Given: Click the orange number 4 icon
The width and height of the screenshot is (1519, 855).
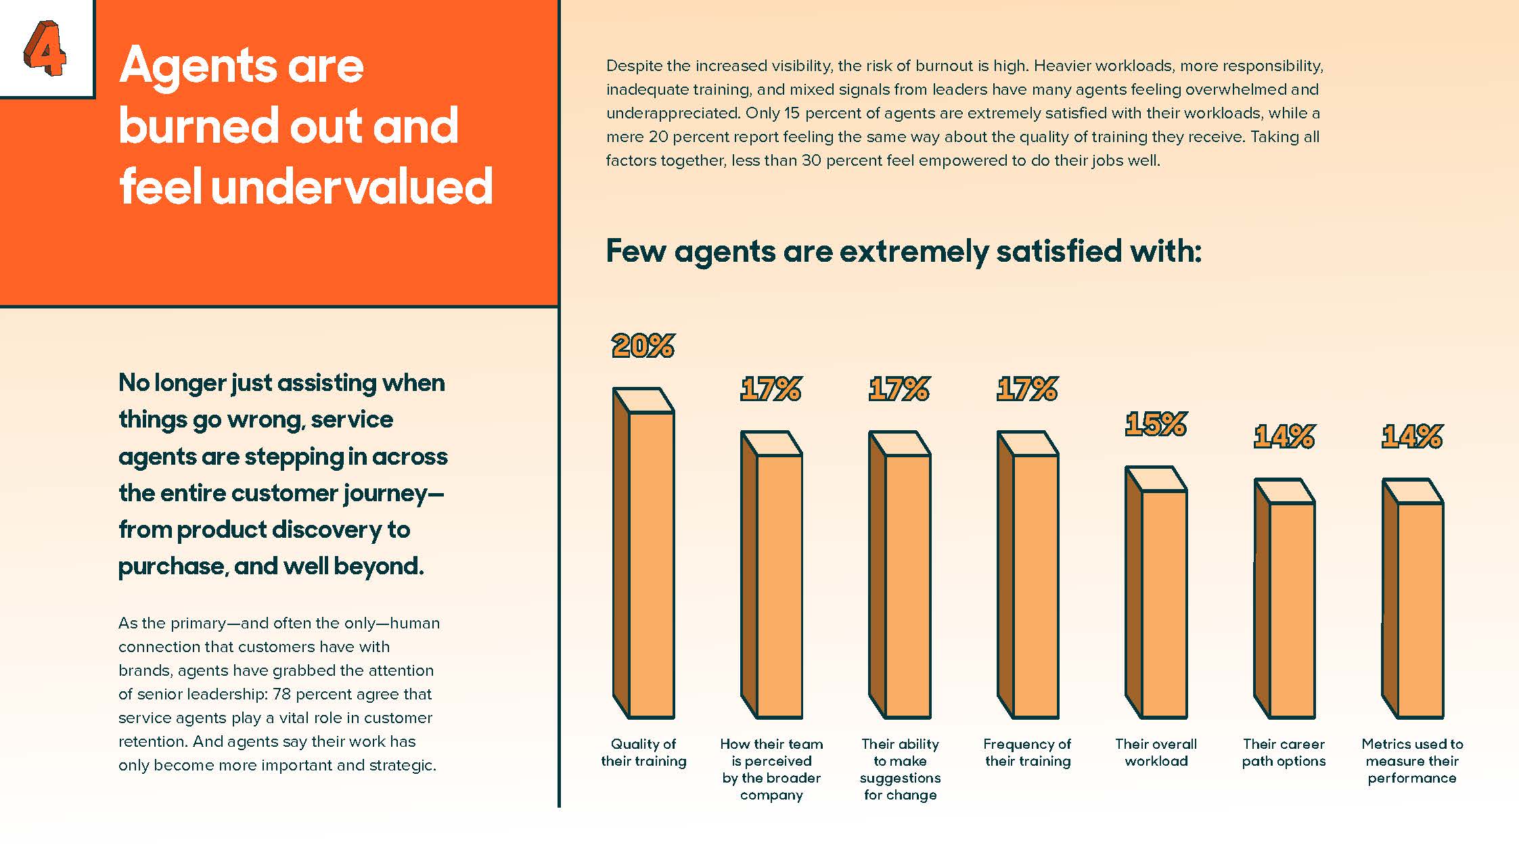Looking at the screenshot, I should [45, 48].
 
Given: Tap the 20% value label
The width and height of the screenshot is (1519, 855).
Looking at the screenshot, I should [643, 346].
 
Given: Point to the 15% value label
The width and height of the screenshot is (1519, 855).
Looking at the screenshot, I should [1156, 425].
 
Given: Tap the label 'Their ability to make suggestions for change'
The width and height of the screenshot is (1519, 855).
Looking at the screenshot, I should [900, 769].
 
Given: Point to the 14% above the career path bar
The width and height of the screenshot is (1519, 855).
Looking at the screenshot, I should [1284, 436].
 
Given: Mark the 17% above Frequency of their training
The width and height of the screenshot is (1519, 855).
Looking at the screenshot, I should [1027, 389].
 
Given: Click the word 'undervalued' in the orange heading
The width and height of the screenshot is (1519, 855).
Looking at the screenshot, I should [352, 187].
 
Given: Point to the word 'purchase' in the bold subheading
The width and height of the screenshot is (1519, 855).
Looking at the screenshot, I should [171, 566].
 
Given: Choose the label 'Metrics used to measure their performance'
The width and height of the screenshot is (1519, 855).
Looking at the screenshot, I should [1412, 761].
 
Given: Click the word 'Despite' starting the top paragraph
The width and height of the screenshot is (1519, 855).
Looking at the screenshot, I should [633, 66].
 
